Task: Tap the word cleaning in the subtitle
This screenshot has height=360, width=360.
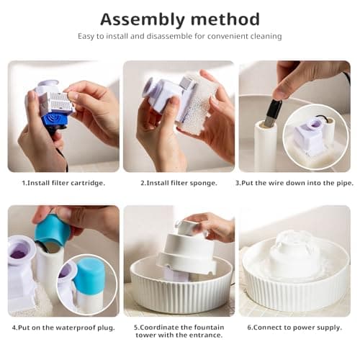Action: [x=264, y=36]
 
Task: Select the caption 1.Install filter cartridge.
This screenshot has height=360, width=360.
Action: [x=63, y=183]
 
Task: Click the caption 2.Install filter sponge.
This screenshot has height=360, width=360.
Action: [x=179, y=183]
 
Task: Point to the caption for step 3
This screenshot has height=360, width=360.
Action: [x=294, y=183]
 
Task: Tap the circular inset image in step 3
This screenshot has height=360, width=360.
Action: [x=317, y=137]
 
